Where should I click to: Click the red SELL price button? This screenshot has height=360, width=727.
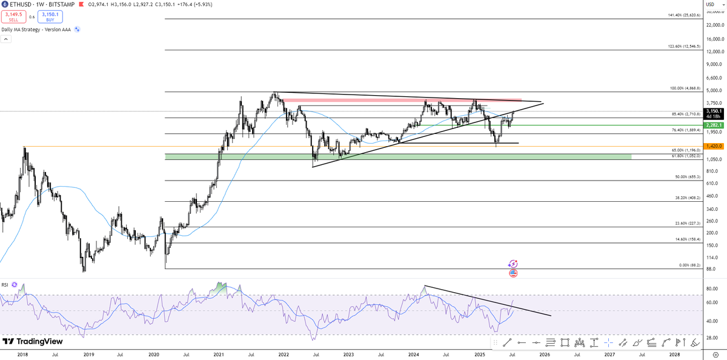pos(13,16)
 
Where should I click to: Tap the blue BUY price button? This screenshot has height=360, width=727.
pos(50,16)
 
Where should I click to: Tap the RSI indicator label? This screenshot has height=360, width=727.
pos(4,284)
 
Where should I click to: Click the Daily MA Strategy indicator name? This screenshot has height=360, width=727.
pos(36,29)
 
